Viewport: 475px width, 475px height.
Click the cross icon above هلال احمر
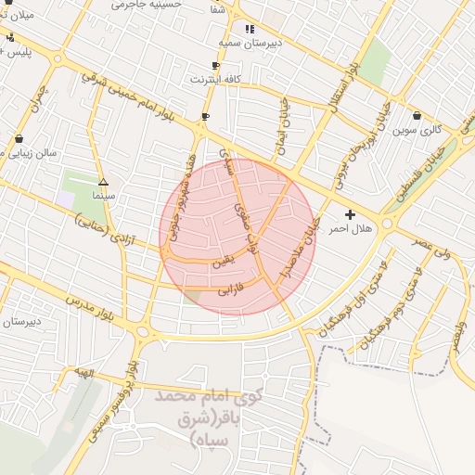350,214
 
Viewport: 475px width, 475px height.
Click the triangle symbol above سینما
103,183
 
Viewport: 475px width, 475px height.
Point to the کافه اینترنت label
215,80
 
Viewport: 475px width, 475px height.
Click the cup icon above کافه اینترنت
215,66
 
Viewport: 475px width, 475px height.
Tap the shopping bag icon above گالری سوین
416,117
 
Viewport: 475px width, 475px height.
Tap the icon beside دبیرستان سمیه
249,30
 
